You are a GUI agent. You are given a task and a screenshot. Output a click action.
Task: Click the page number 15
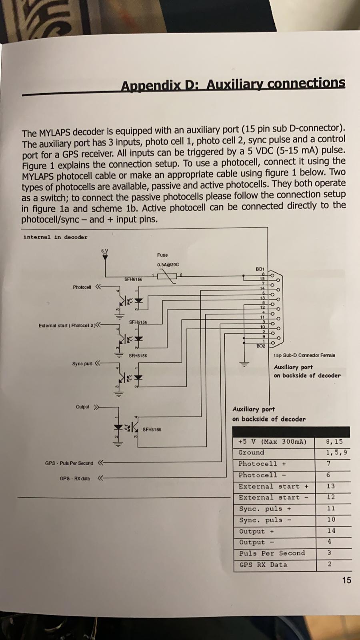pyautogui.click(x=346, y=580)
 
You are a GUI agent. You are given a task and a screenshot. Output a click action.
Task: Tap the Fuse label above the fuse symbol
pyautogui.click(x=162, y=255)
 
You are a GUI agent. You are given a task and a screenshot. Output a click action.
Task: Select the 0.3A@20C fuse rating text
pyautogui.click(x=168, y=264)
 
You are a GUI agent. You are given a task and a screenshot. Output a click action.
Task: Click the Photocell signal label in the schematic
pyautogui.click(x=82, y=287)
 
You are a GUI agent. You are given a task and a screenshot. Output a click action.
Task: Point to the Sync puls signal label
pyautogui.click(x=82, y=364)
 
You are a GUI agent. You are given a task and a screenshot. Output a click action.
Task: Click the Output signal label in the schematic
pyautogui.click(x=82, y=407)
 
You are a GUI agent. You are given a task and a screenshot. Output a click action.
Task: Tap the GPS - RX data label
pyautogui.click(x=75, y=478)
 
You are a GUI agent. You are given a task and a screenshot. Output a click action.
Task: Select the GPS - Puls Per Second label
pyautogui.click(x=69, y=463)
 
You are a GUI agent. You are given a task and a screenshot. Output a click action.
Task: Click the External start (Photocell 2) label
pyautogui.click(x=66, y=326)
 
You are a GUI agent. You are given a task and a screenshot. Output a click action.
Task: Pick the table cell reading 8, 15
pyautogui.click(x=334, y=442)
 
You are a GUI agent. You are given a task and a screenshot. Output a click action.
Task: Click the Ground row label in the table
pyautogui.click(x=251, y=452)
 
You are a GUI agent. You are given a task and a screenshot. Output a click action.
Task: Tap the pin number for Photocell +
pyautogui.click(x=328, y=464)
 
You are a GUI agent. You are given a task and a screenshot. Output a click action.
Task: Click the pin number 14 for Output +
pyautogui.click(x=331, y=530)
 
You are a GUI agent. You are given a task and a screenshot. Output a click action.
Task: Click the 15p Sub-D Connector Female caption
pyautogui.click(x=304, y=355)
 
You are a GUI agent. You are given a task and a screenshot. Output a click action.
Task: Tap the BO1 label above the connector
pyautogui.click(x=260, y=269)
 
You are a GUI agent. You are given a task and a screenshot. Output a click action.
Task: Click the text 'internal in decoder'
pyautogui.click(x=55, y=237)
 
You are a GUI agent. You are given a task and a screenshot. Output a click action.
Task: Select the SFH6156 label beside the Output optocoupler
pyautogui.click(x=152, y=430)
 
